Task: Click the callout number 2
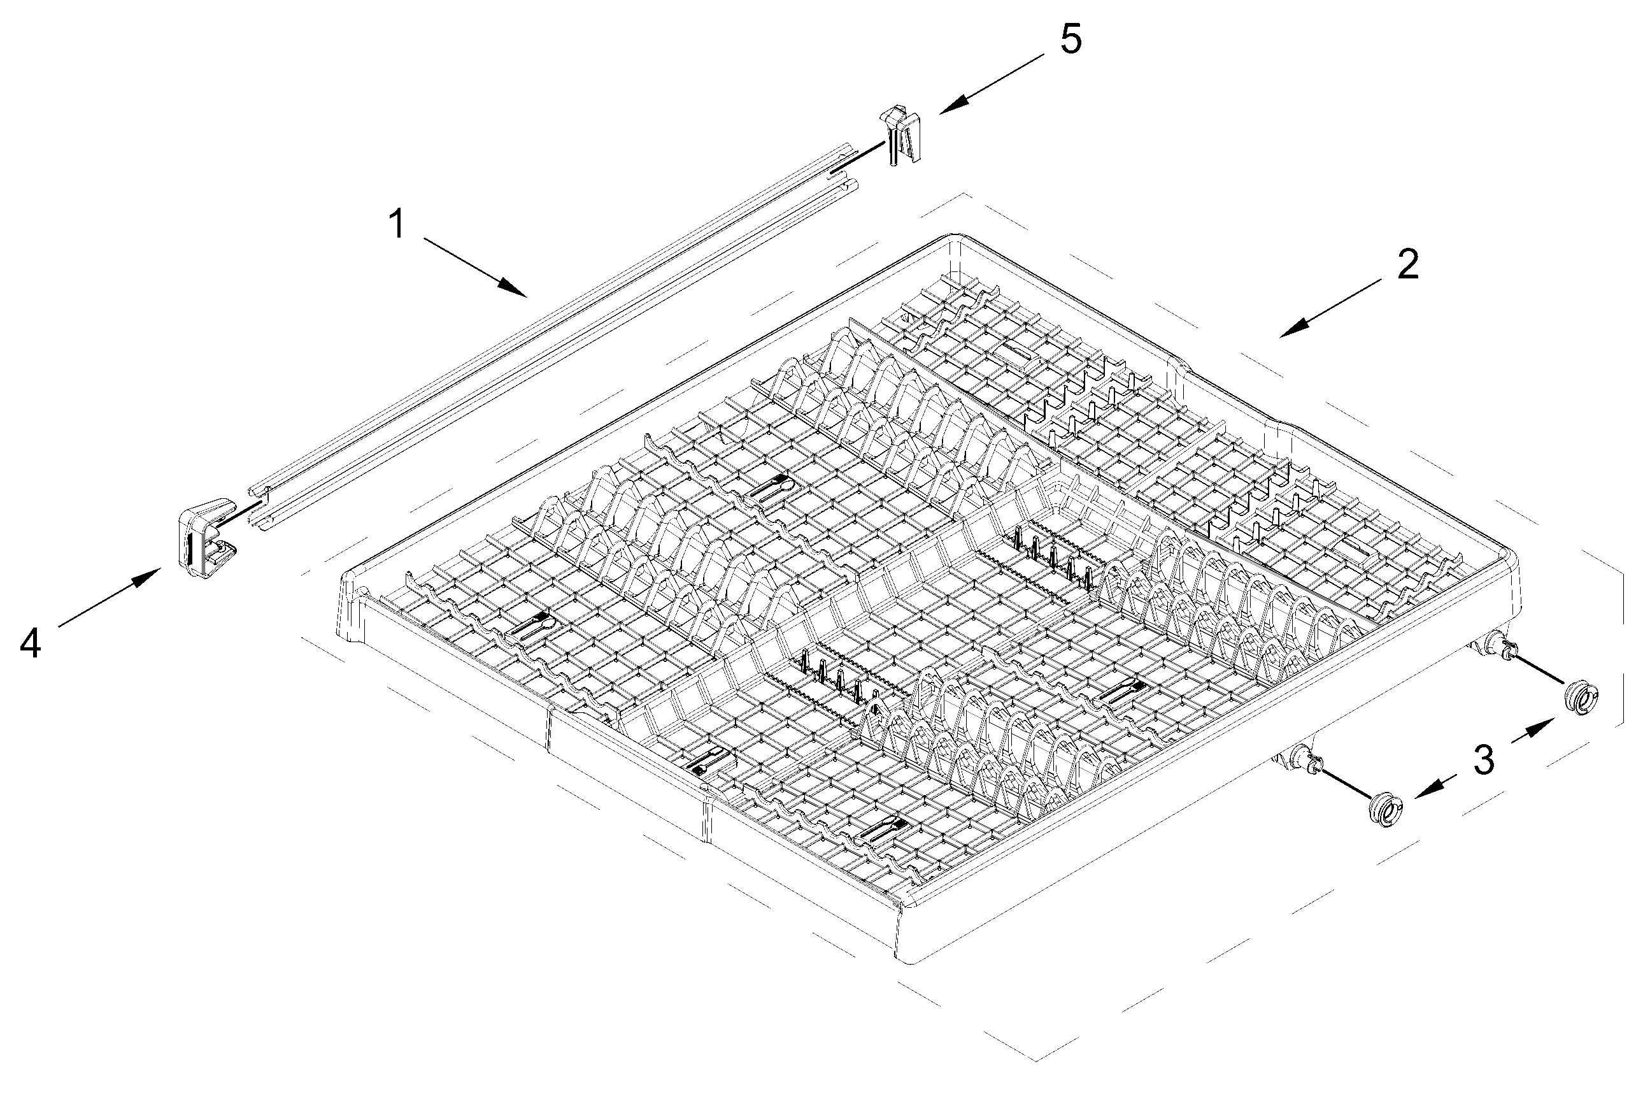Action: (1407, 266)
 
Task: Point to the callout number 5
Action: (1071, 39)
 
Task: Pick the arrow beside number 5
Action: (992, 85)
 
